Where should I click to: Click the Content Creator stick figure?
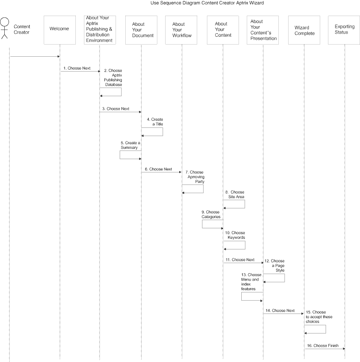click(x=4, y=28)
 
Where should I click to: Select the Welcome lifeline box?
click(x=60, y=30)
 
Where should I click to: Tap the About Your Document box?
click(x=141, y=30)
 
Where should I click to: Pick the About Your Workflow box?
click(x=181, y=30)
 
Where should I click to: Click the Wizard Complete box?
click(x=304, y=30)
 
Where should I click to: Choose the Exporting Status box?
click(x=344, y=30)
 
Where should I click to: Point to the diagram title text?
click(x=207, y=3)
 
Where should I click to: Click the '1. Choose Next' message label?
click(x=77, y=68)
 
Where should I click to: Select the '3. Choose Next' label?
click(x=116, y=109)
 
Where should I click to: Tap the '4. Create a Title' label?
click(x=155, y=122)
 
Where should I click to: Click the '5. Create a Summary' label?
click(x=130, y=145)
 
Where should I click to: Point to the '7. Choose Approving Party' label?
click(x=195, y=177)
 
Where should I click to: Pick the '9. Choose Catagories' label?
click(x=211, y=214)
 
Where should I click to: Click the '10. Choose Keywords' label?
click(x=235, y=235)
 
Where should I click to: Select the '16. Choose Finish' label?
click(x=323, y=346)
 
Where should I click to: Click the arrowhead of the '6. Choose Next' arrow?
click(x=180, y=172)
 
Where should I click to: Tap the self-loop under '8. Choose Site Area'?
click(x=245, y=204)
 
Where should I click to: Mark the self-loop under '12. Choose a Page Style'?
click(x=284, y=278)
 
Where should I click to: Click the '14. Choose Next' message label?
click(x=280, y=310)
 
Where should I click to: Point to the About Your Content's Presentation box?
click(x=263, y=30)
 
